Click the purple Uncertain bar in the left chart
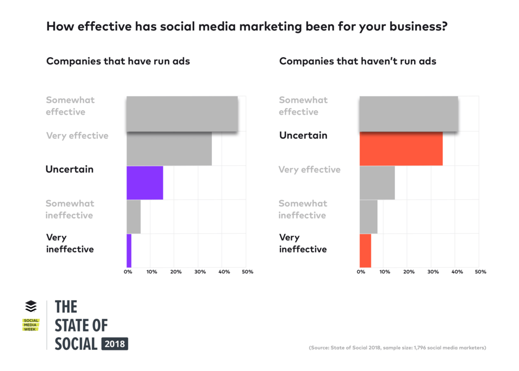click(x=145, y=183)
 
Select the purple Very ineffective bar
click(x=129, y=251)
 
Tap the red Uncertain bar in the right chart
click(x=401, y=149)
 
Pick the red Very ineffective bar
click(x=365, y=251)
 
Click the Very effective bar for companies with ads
click(x=169, y=149)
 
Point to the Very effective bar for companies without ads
click(x=377, y=183)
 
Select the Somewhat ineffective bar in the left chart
click(x=134, y=217)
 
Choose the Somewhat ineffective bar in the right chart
click(x=368, y=217)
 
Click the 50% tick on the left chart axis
click(x=247, y=272)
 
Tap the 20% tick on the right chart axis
click(x=408, y=272)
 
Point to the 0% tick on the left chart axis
click(x=128, y=272)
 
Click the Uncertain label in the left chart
click(x=69, y=170)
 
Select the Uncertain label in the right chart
click(x=303, y=136)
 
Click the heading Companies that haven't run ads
click(x=358, y=61)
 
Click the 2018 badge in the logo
click(x=115, y=344)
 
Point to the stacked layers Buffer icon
click(x=31, y=307)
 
